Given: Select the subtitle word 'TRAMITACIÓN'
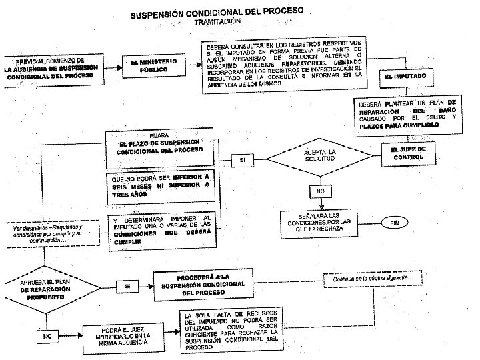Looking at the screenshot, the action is pyautogui.click(x=217, y=22).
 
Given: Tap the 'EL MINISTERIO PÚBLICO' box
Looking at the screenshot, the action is pyautogui.click(x=153, y=66).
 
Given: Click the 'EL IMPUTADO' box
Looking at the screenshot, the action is pyautogui.click(x=406, y=77).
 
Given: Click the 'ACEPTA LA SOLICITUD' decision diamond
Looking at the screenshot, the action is pyautogui.click(x=320, y=157).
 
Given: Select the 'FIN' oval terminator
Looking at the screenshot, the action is pyautogui.click(x=395, y=223).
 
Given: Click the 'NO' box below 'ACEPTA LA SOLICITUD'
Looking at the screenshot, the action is pyautogui.click(x=321, y=191).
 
